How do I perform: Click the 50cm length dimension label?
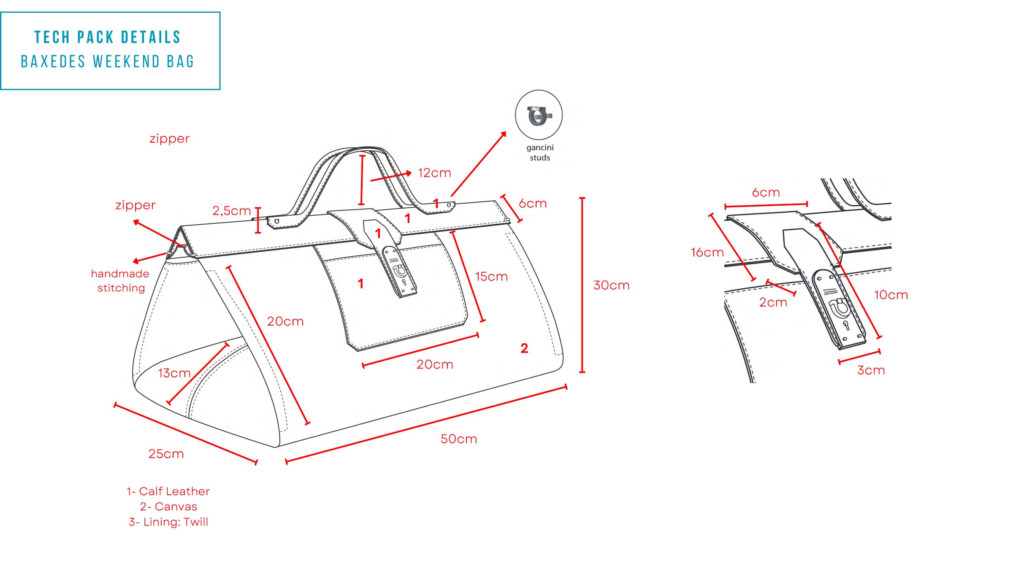459,439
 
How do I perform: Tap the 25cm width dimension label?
166,454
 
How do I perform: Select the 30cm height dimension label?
611,285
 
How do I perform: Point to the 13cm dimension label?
174,373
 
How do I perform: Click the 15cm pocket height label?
491,277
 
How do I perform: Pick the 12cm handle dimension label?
434,173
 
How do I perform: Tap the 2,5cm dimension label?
231,211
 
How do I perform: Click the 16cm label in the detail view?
707,252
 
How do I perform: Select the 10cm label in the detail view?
891,295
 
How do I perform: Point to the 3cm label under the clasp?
871,370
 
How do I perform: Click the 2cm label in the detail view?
773,302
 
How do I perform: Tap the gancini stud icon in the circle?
539,115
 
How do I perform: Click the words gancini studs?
540,152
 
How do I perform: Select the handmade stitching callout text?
120,281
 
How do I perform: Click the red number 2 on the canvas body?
524,348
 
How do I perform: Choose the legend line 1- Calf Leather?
168,491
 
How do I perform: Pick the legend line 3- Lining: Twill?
168,522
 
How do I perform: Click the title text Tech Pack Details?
108,37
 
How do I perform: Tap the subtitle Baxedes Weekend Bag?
108,62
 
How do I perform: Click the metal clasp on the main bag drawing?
399,272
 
